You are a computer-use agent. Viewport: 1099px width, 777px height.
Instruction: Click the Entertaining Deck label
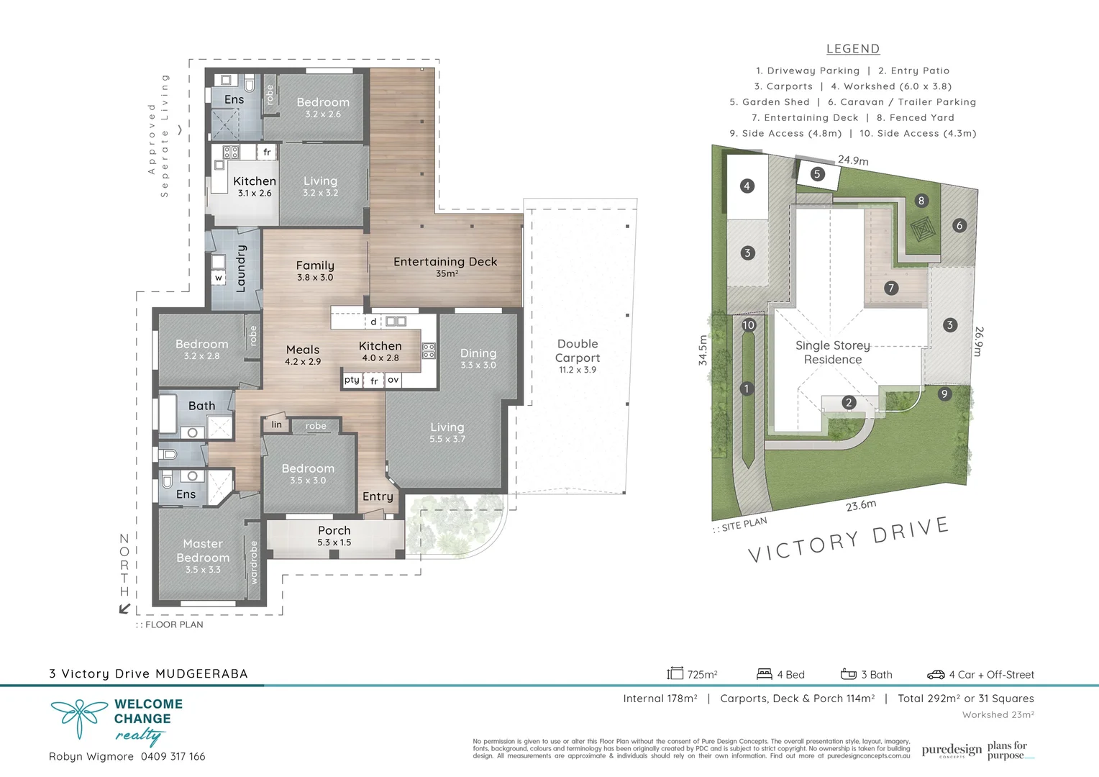click(x=445, y=263)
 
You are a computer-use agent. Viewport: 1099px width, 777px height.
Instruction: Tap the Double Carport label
click(x=578, y=351)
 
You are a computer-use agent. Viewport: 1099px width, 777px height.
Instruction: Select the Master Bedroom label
click(x=203, y=551)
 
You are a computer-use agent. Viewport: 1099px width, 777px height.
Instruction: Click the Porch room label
click(x=334, y=531)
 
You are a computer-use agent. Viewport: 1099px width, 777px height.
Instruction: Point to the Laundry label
click(x=241, y=268)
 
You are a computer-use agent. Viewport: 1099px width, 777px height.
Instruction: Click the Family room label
click(x=315, y=266)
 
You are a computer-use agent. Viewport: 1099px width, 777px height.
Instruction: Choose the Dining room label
click(x=478, y=353)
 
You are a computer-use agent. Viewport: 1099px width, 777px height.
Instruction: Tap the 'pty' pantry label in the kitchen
click(x=352, y=380)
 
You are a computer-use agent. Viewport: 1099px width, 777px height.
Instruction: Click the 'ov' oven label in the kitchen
click(x=393, y=380)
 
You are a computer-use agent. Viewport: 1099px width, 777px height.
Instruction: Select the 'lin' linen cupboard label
click(x=277, y=424)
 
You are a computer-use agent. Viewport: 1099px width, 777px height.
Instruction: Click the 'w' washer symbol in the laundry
click(x=219, y=278)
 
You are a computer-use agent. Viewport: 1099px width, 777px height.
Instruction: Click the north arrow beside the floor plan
click(x=124, y=609)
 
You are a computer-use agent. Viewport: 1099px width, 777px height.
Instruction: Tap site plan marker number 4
click(x=747, y=186)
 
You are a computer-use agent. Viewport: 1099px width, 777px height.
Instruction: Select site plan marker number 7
click(x=891, y=288)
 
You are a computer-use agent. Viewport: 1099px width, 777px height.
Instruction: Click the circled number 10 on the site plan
click(x=749, y=325)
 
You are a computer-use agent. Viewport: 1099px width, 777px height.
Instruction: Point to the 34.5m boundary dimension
click(x=703, y=350)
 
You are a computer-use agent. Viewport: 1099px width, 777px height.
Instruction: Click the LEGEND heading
click(x=852, y=49)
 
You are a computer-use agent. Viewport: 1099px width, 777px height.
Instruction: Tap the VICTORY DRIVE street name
click(x=849, y=540)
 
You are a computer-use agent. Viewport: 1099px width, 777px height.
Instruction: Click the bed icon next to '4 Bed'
click(x=764, y=674)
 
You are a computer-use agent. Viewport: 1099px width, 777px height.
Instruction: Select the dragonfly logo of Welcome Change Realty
click(x=78, y=717)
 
